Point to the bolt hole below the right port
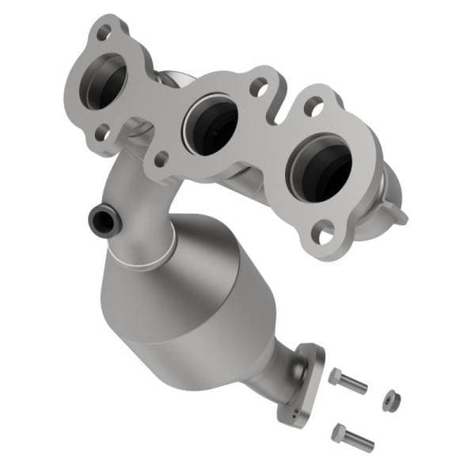coord(323,233)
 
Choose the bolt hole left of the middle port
coord(161,158)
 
